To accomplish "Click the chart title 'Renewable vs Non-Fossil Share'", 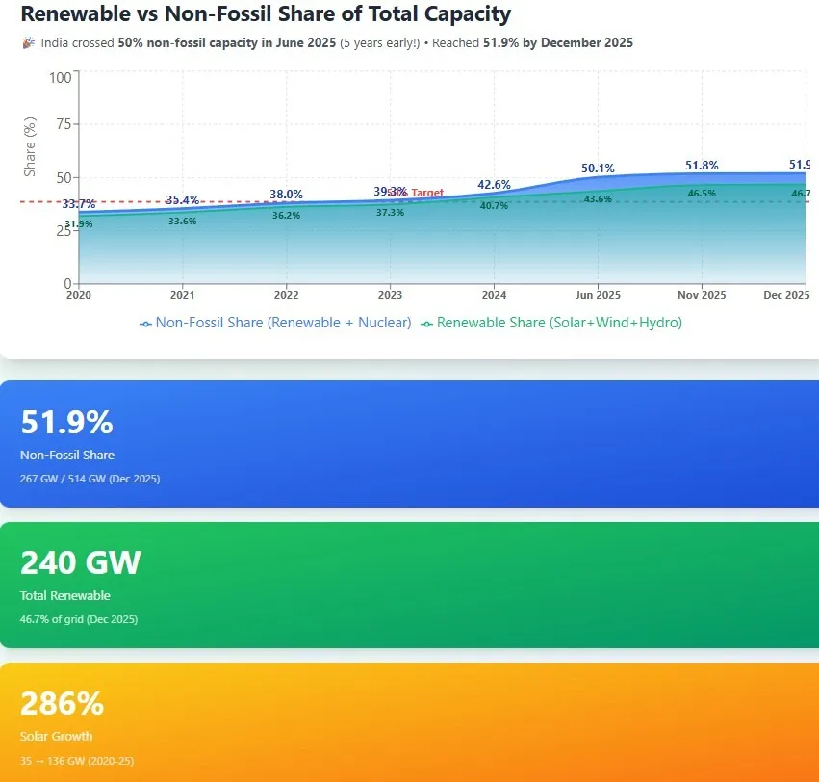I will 266,14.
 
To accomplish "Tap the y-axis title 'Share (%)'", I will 30,146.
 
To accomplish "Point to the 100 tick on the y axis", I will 60,77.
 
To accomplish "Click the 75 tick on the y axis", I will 64,124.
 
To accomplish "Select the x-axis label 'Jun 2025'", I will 598,295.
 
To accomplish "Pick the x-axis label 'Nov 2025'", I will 702,295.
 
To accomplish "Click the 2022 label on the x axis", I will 286,295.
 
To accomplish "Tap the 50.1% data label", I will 598,169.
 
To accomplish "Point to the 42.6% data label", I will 494,185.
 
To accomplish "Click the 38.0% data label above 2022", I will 286,195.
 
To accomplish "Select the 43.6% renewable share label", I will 598,199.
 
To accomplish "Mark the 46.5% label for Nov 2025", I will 702,194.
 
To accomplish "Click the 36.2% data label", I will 286,216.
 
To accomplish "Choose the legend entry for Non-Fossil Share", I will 275,323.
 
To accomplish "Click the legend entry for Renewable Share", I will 551,323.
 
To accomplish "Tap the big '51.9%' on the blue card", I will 66,423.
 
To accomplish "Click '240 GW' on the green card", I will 81,562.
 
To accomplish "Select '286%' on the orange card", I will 62,704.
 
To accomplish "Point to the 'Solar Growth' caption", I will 56,737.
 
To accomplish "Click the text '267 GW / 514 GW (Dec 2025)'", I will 90,479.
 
